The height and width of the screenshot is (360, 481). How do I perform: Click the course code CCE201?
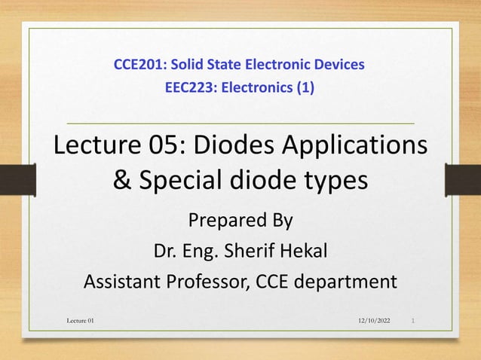134,65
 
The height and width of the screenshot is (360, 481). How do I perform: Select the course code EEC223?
185,89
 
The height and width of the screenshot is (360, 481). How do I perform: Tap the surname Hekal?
302,251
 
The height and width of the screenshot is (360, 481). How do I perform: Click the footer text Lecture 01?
81,322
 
